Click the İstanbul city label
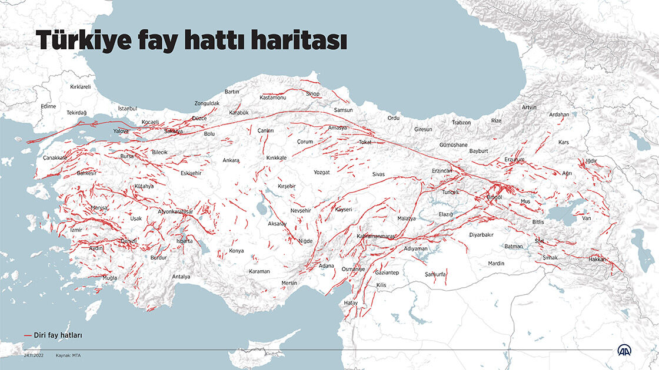pyautogui.click(x=127, y=109)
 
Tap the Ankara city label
pyautogui.click(x=231, y=160)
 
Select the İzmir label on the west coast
pyautogui.click(x=76, y=230)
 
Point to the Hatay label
pyautogui.click(x=351, y=303)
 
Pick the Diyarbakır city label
pyautogui.click(x=481, y=235)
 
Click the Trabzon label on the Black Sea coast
pyautogui.click(x=461, y=122)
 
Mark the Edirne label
pyautogui.click(x=48, y=106)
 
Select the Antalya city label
pyautogui.click(x=181, y=277)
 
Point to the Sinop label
pyautogui.click(x=312, y=94)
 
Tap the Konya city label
pyautogui.click(x=236, y=251)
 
